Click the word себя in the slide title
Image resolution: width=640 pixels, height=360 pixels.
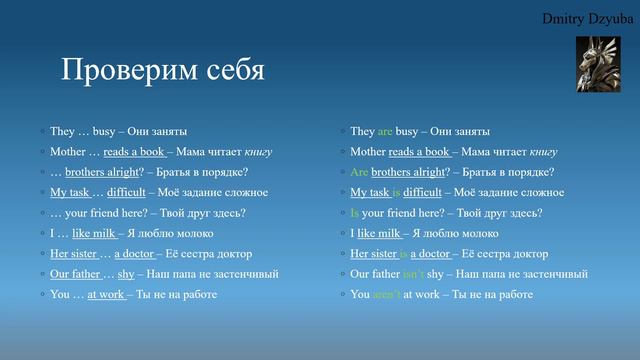click(x=230, y=71)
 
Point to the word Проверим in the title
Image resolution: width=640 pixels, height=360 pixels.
click(x=126, y=71)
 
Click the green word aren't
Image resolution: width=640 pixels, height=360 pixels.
click(x=386, y=295)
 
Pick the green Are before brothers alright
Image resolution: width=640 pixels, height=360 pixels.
click(x=359, y=172)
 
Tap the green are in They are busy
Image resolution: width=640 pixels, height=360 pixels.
click(x=385, y=131)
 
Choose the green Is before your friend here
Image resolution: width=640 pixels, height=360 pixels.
click(x=355, y=213)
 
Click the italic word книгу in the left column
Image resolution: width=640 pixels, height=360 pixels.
click(x=257, y=152)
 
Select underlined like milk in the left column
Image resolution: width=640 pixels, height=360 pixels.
click(x=95, y=233)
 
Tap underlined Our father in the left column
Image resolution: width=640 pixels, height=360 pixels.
click(x=75, y=274)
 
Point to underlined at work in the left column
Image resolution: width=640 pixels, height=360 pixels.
click(x=106, y=295)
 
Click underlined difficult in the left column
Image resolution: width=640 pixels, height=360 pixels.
click(x=127, y=192)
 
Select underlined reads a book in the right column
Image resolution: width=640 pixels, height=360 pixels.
click(x=419, y=152)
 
